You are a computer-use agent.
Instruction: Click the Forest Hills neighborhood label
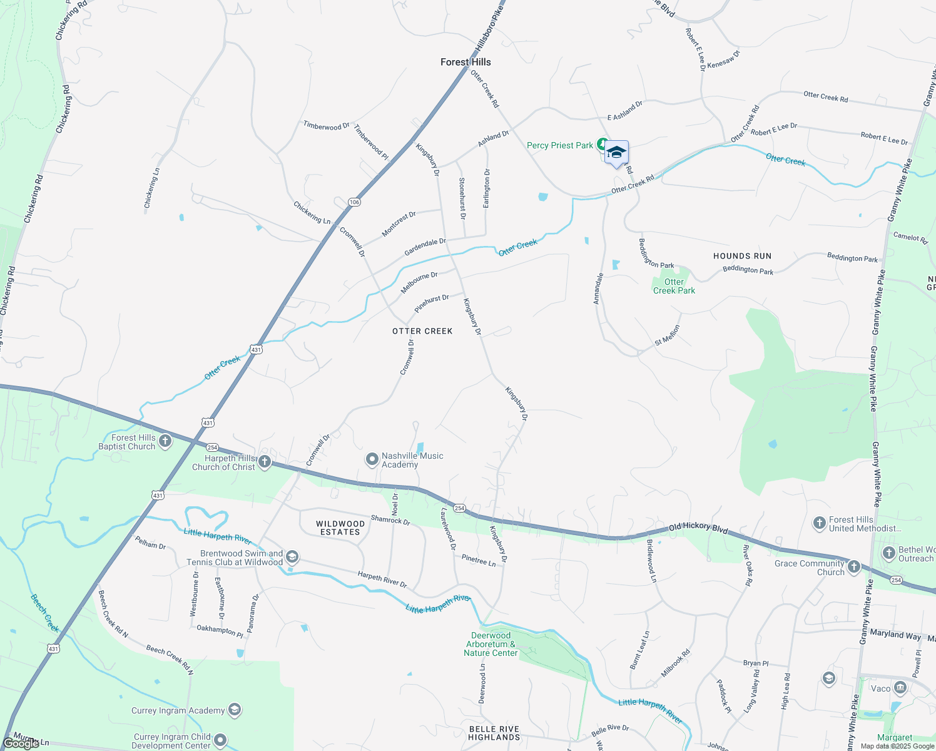click(x=465, y=62)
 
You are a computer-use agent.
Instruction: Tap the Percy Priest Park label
click(x=559, y=145)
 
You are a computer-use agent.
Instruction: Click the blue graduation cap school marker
click(x=616, y=153)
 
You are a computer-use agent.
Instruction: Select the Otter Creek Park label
click(x=674, y=286)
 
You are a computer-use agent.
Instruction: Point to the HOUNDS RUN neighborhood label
click(x=742, y=256)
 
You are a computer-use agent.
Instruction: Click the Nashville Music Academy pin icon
click(x=372, y=460)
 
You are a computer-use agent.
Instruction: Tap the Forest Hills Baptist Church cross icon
click(x=165, y=441)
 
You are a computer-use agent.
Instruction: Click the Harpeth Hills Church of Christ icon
click(x=265, y=462)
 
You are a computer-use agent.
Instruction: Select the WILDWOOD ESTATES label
click(x=340, y=528)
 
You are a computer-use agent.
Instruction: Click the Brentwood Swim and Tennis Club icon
click(x=292, y=557)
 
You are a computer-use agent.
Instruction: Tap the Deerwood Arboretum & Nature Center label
click(x=491, y=644)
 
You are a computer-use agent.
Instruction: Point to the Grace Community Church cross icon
click(x=854, y=568)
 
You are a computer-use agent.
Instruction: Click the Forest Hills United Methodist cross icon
click(x=820, y=523)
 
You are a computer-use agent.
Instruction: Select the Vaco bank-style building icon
click(x=900, y=688)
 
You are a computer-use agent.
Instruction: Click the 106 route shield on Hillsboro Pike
click(x=354, y=202)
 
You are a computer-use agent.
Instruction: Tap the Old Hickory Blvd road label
click(x=698, y=528)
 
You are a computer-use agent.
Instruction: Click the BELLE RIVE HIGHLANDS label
click(x=494, y=733)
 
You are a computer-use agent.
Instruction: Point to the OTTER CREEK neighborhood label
click(x=422, y=331)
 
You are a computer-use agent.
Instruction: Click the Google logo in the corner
click(x=21, y=743)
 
